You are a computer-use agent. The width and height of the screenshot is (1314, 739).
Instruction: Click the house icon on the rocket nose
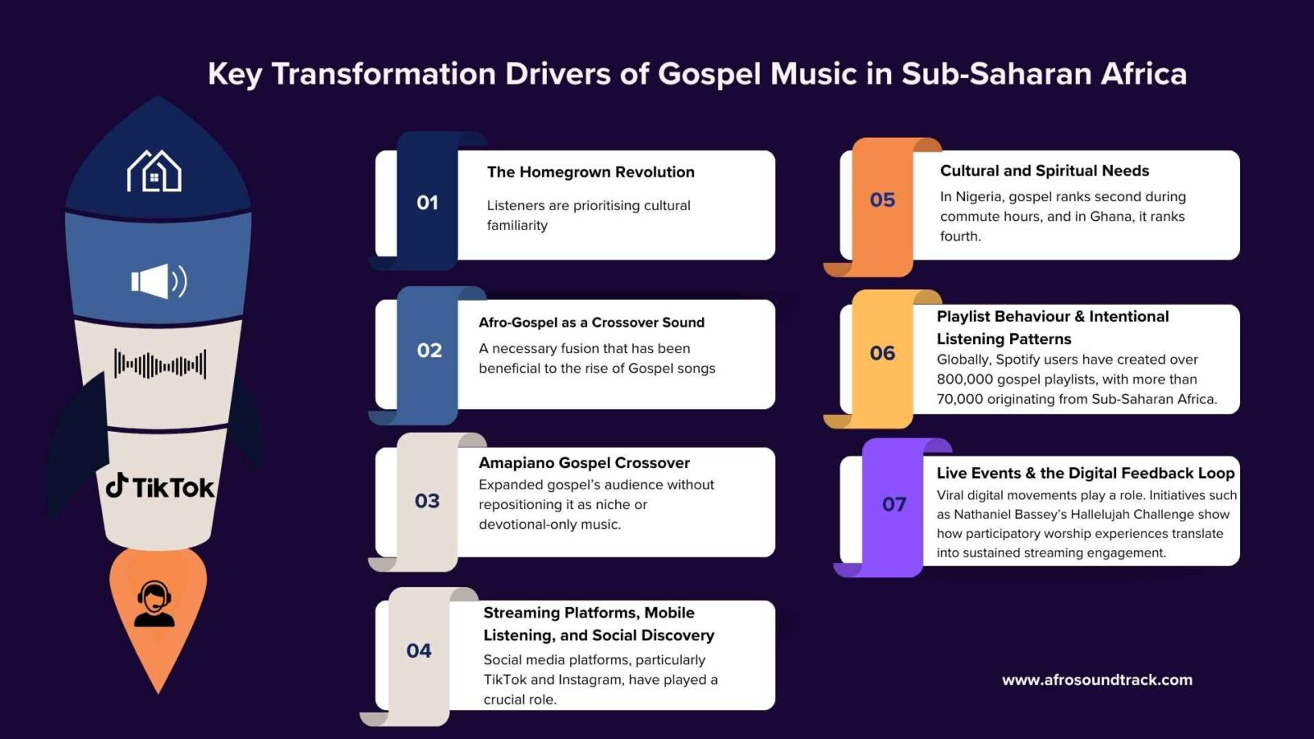(x=154, y=171)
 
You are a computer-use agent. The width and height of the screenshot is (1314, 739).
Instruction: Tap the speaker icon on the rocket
(x=159, y=282)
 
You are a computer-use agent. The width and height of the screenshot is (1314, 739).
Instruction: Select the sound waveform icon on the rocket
(x=159, y=365)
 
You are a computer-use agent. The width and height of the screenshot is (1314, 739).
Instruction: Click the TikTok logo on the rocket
(x=159, y=486)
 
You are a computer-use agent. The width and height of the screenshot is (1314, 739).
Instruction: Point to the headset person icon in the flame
(x=154, y=604)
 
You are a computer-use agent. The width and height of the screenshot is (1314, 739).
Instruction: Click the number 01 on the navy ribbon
(x=427, y=203)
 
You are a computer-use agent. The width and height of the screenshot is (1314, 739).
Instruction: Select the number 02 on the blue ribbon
(x=430, y=351)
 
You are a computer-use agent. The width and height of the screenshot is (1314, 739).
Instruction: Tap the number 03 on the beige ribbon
(x=427, y=501)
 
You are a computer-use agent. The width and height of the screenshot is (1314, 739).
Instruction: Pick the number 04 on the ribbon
(x=419, y=650)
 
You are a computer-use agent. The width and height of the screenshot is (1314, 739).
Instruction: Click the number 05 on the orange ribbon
(x=882, y=200)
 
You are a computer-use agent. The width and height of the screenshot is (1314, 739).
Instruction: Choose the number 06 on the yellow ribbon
(x=882, y=353)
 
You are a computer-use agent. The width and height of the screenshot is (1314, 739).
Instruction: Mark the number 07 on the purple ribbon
(x=894, y=504)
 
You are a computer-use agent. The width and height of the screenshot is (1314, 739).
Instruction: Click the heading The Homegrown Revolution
(x=590, y=172)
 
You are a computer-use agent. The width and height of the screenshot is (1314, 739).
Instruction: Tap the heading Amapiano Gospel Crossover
(x=584, y=463)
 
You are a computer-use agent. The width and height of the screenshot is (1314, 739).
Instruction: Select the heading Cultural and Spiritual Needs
(x=1045, y=171)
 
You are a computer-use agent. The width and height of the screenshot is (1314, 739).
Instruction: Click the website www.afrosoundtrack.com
(x=1097, y=680)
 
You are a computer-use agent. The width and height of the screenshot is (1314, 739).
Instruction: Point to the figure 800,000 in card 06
(x=965, y=379)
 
